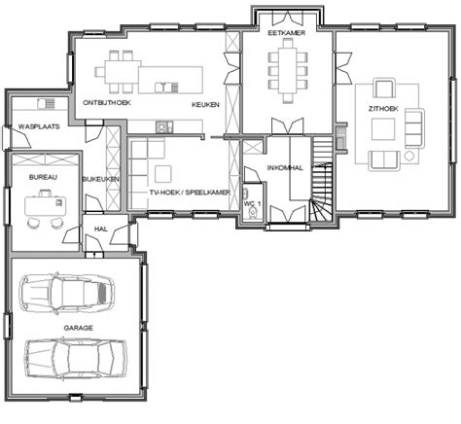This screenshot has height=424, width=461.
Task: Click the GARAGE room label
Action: tap(78, 328)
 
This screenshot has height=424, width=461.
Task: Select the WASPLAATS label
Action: tap(39, 126)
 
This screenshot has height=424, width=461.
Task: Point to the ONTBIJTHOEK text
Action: tap(107, 103)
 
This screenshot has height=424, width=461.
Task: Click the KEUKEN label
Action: tap(205, 105)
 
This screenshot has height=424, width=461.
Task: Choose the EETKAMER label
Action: tap(287, 33)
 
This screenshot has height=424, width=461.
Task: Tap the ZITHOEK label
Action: tap(383, 109)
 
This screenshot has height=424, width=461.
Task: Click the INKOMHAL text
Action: tap(285, 168)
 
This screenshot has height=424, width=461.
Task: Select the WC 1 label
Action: tap(252, 203)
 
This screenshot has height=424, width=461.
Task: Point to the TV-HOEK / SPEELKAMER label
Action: tap(190, 193)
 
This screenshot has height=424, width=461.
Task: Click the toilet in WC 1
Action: tap(252, 214)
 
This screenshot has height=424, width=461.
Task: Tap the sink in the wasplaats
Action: tap(46, 104)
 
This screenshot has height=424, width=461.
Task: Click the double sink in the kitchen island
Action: tap(166, 88)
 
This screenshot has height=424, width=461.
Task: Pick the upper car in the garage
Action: tap(66, 294)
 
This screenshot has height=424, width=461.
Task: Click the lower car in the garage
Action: tap(76, 358)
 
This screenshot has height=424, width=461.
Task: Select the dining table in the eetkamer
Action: tap(288, 71)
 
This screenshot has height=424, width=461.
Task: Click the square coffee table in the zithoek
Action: tap(383, 129)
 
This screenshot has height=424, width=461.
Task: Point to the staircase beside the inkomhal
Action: tap(322, 179)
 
